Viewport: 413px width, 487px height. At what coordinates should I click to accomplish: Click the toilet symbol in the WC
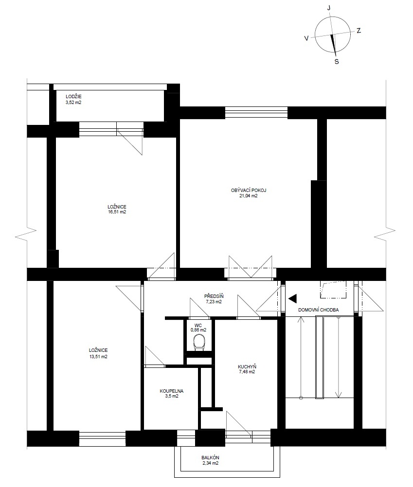click(x=199, y=343)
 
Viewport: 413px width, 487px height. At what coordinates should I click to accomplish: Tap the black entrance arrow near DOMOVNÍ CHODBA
click(x=292, y=299)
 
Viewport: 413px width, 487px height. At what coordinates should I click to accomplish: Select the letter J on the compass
click(x=329, y=8)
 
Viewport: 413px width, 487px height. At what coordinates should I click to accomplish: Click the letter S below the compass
click(x=337, y=61)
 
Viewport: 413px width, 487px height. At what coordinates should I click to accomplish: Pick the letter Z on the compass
click(x=359, y=31)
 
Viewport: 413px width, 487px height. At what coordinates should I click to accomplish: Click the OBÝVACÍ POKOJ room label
click(x=248, y=190)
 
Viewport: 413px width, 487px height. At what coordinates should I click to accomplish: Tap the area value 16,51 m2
click(x=116, y=212)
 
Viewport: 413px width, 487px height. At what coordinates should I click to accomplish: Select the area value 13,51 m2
click(x=98, y=356)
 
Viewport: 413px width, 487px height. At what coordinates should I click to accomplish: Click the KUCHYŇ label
click(x=247, y=366)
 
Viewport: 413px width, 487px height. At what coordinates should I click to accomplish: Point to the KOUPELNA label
click(x=171, y=390)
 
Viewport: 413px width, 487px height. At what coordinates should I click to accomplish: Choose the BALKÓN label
click(x=210, y=457)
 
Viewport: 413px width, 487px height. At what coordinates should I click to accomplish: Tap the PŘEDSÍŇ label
click(x=213, y=296)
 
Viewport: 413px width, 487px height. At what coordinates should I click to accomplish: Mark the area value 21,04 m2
click(x=248, y=196)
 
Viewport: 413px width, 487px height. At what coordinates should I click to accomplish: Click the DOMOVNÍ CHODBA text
click(x=318, y=310)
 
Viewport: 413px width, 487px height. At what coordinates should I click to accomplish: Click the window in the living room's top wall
click(x=256, y=112)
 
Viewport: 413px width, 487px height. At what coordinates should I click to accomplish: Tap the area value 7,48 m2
click(x=247, y=372)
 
